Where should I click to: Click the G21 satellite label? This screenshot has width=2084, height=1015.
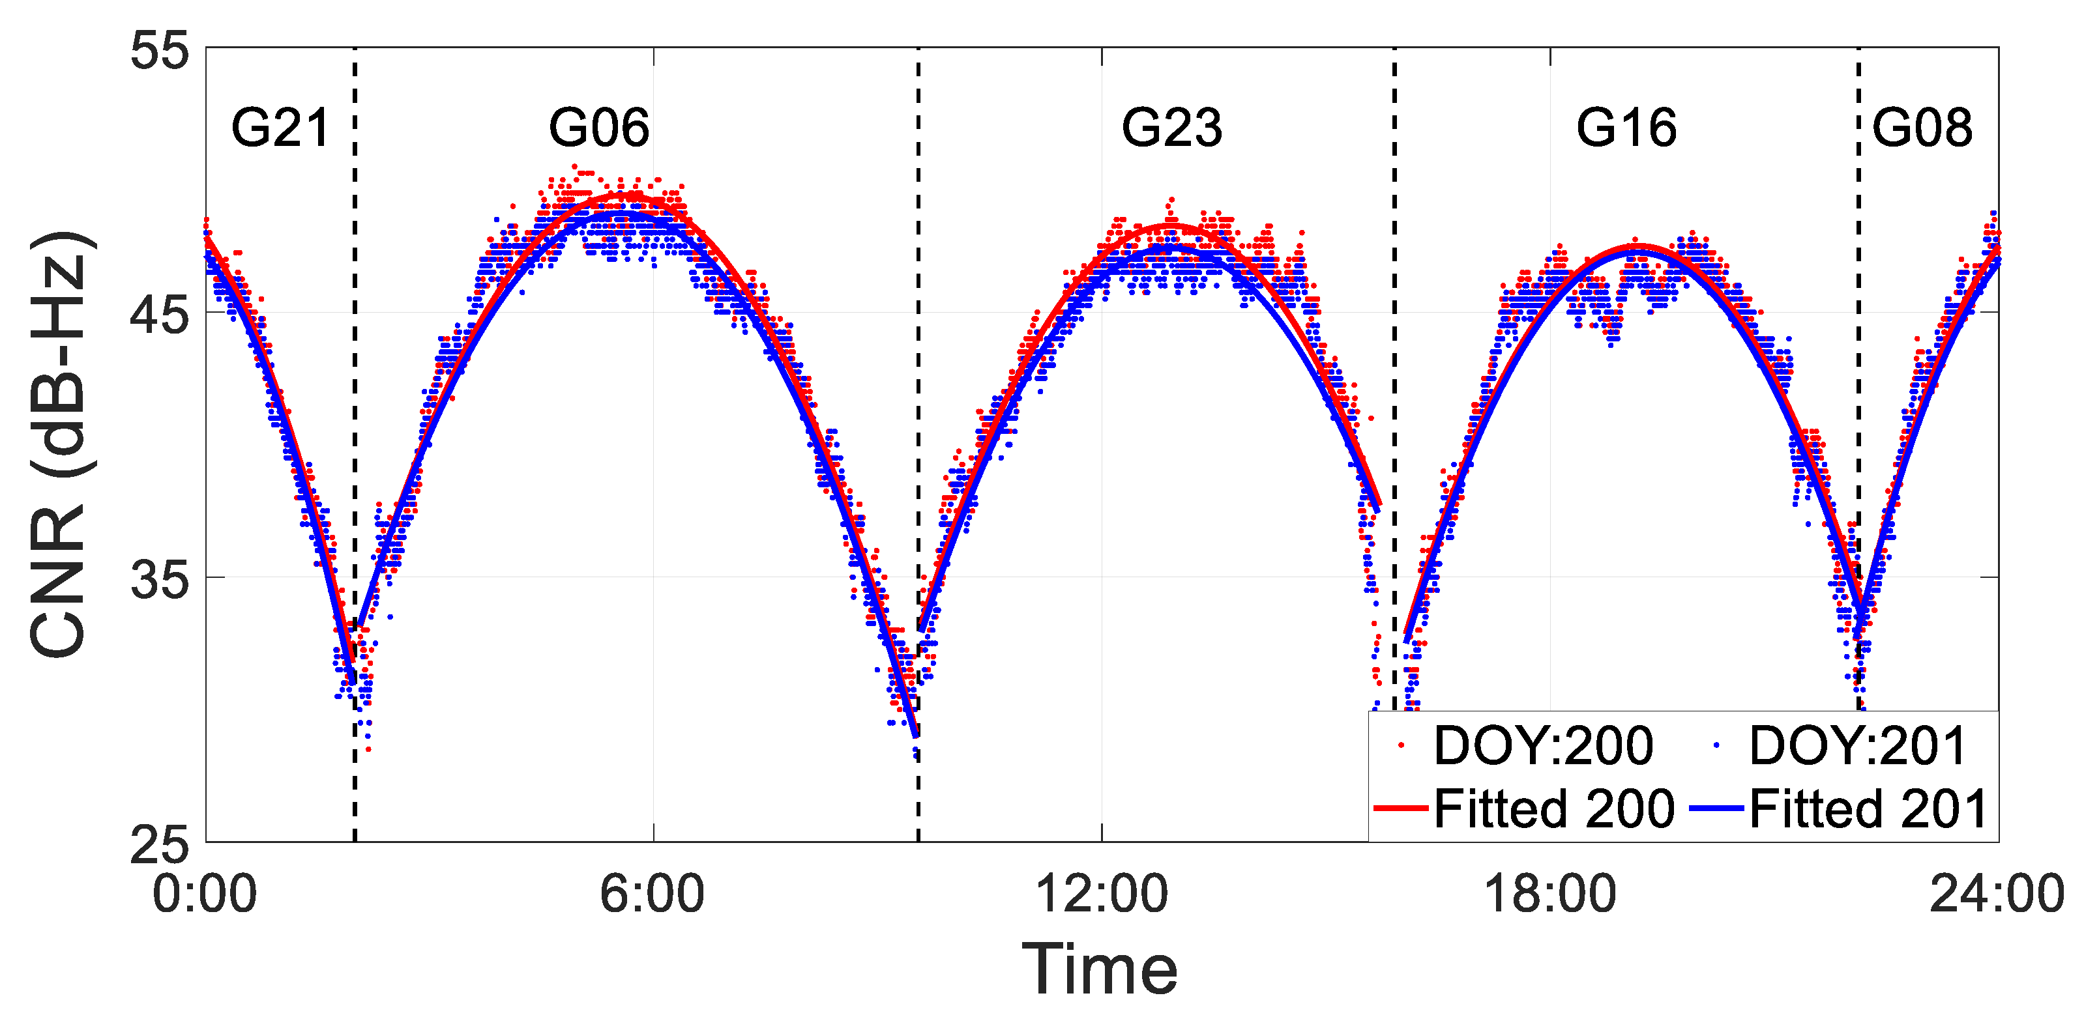(281, 128)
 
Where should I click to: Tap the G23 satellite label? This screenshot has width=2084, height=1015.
(1171, 128)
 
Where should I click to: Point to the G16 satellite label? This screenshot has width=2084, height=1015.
(1626, 128)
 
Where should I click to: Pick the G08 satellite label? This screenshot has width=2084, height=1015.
(1922, 128)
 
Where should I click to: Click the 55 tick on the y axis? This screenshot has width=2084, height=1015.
(159, 51)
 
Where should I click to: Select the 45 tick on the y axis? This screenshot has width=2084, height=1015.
(159, 315)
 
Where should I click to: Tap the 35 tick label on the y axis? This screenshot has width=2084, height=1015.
(159, 580)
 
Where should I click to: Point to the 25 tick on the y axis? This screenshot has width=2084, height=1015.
(159, 844)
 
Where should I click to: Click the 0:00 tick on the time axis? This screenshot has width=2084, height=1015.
(205, 894)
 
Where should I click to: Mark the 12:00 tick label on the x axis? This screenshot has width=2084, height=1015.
(1101, 894)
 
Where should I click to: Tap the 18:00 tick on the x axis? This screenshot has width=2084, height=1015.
(1549, 894)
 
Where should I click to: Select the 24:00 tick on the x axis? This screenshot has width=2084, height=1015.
(1997, 894)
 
